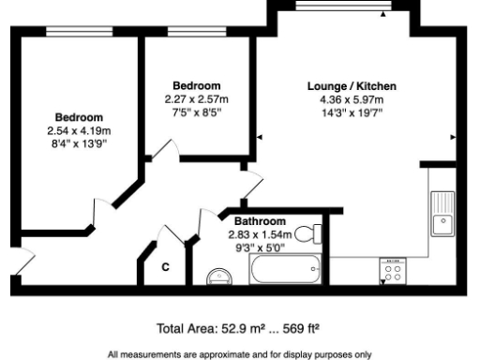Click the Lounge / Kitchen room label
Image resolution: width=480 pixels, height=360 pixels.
click(352, 86)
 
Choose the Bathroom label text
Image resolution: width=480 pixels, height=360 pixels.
click(260, 221)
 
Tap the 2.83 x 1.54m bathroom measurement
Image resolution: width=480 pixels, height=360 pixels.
click(262, 234)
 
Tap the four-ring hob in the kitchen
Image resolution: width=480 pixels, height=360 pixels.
click(392, 271)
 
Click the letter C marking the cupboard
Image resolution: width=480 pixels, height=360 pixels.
click(165, 267)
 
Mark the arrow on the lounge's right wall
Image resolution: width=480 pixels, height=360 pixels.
click(455, 138)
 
